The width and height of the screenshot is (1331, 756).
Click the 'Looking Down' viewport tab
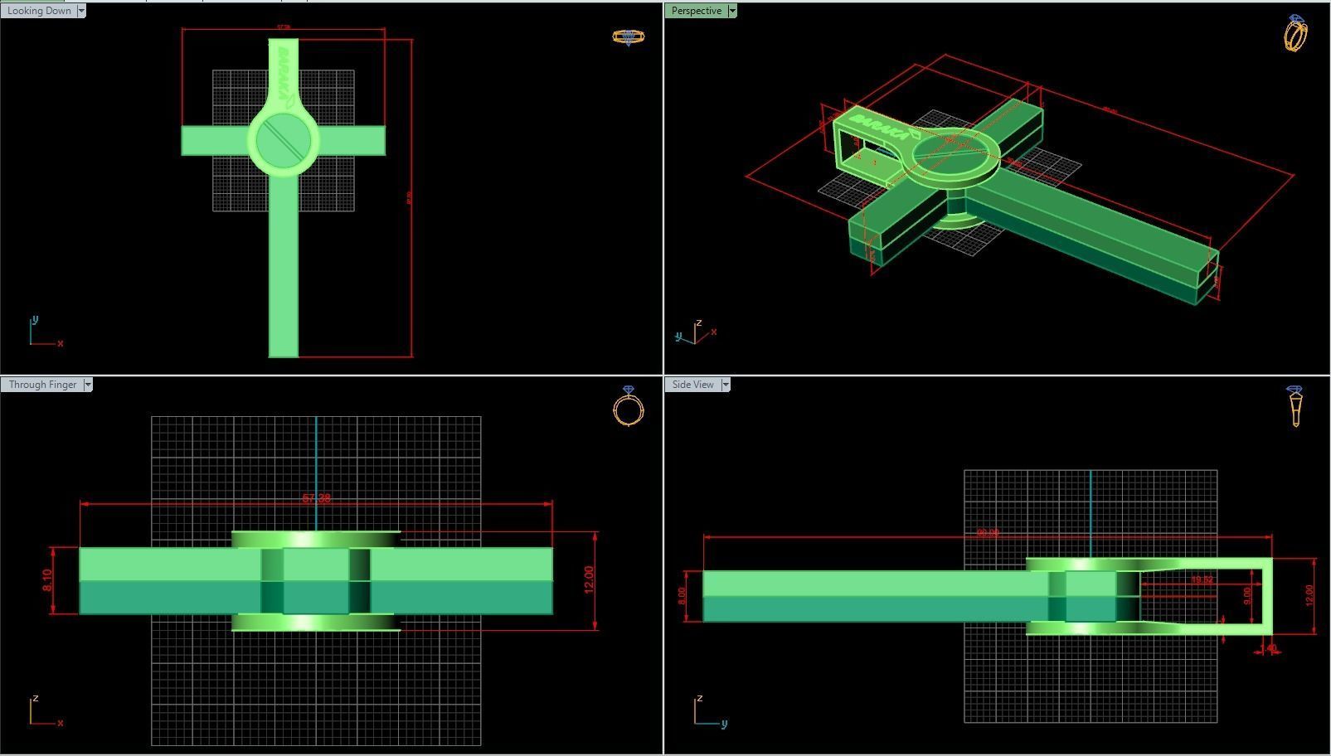(x=39, y=11)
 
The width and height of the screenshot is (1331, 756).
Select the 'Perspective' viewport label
(x=697, y=11)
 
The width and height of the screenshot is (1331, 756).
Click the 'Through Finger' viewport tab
(x=42, y=385)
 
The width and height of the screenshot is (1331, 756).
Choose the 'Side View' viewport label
(x=693, y=385)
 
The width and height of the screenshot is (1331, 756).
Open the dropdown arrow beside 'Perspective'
(x=732, y=11)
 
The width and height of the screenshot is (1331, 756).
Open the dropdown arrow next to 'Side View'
(x=726, y=385)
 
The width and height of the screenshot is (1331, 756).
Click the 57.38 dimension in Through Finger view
(x=316, y=498)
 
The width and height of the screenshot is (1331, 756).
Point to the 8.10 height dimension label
(x=46, y=580)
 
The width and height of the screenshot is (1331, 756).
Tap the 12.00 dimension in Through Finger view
(x=589, y=579)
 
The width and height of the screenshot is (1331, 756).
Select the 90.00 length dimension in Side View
(x=987, y=533)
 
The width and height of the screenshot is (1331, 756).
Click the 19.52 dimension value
(x=1202, y=580)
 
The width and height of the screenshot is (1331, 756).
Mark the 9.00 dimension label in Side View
(x=1247, y=595)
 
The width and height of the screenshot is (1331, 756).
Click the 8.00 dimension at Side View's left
(x=683, y=595)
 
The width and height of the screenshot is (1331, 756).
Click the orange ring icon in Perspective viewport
(x=1295, y=33)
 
